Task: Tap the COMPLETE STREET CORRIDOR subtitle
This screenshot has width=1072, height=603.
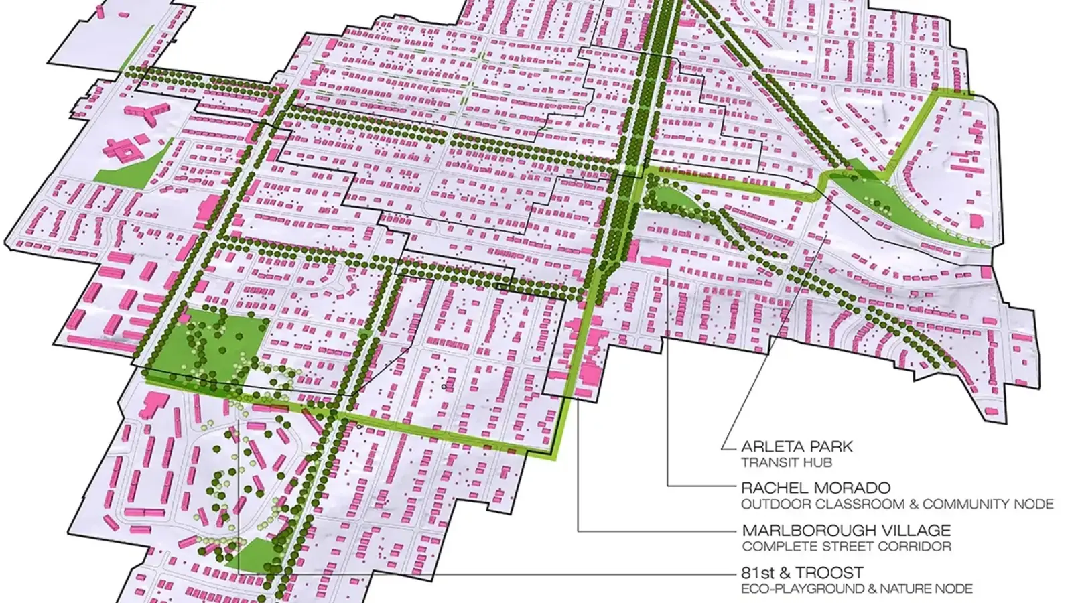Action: click(x=846, y=546)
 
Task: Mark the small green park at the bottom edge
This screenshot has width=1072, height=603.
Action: click(x=251, y=554)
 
